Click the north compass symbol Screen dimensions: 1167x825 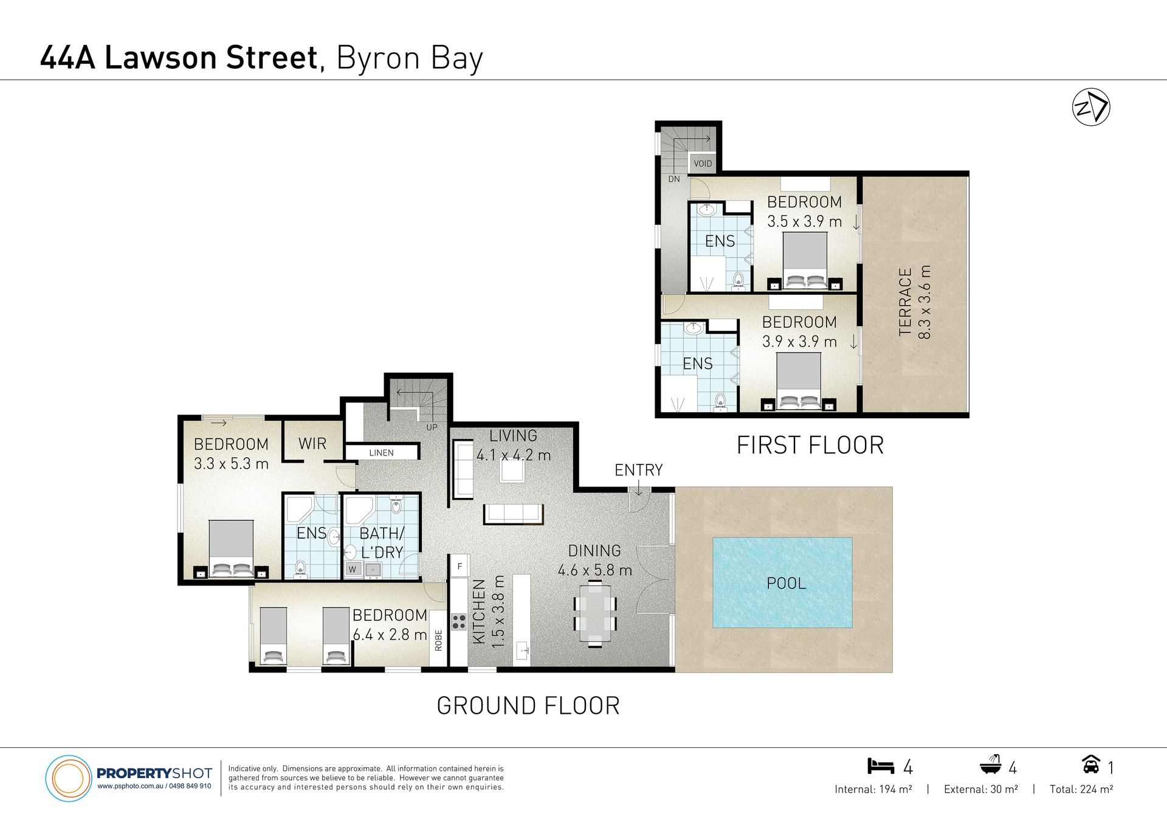[x=1091, y=107]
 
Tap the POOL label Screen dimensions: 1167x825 [x=786, y=584]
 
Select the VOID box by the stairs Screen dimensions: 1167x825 [x=703, y=164]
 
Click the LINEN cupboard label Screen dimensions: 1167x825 [x=381, y=453]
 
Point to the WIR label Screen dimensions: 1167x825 [x=312, y=444]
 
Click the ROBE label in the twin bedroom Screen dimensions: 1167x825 [x=438, y=640]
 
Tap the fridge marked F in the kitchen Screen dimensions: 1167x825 [x=460, y=566]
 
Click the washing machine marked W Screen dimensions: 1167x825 [x=353, y=569]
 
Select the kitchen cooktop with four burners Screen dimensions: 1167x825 [x=459, y=622]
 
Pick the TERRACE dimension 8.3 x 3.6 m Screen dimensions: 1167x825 [x=924, y=302]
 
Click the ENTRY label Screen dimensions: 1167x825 [x=638, y=470]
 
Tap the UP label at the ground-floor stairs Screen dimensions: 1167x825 [x=432, y=427]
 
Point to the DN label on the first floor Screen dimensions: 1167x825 [x=674, y=179]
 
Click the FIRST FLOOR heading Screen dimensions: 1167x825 [x=810, y=445]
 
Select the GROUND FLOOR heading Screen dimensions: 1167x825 [x=528, y=706]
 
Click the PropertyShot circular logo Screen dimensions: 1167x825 [x=69, y=778]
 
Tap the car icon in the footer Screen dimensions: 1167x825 [x=1091, y=764]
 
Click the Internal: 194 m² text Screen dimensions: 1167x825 [x=873, y=789]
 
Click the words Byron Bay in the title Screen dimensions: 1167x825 [x=410, y=58]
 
